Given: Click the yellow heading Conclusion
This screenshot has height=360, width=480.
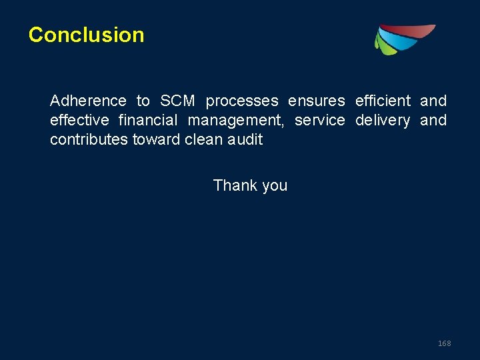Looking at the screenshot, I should pos(86,35).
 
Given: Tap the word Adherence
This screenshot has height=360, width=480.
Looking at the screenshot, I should pos(88,101).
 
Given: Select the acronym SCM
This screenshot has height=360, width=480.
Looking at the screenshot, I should pos(178,101).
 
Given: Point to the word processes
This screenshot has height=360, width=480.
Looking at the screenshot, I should pos(242,101).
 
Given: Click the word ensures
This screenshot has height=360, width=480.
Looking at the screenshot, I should pos(316,101).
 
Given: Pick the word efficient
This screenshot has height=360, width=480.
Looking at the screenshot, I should pos(383,101).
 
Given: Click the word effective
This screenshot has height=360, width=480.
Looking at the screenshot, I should pos(79,121).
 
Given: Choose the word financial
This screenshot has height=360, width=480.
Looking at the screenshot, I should pos(148,121).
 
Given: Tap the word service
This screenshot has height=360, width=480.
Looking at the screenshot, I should pos(319,121).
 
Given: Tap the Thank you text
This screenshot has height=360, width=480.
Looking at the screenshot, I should pos(250,185).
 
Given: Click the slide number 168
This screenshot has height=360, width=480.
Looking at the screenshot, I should pos(444,343).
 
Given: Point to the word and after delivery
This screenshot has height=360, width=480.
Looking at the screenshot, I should pos(433,121).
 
